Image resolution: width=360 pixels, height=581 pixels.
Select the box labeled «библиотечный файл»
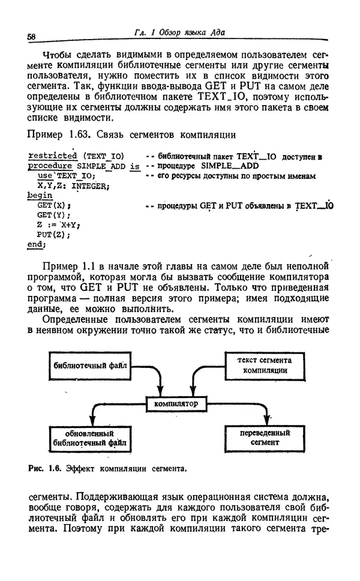click(x=90, y=365)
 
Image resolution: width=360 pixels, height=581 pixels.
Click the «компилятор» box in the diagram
click(x=176, y=404)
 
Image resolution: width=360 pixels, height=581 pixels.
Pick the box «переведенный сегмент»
click(x=265, y=438)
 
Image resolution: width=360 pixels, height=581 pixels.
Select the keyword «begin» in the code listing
click(x=40, y=196)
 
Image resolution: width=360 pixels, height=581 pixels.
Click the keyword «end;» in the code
click(x=37, y=244)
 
